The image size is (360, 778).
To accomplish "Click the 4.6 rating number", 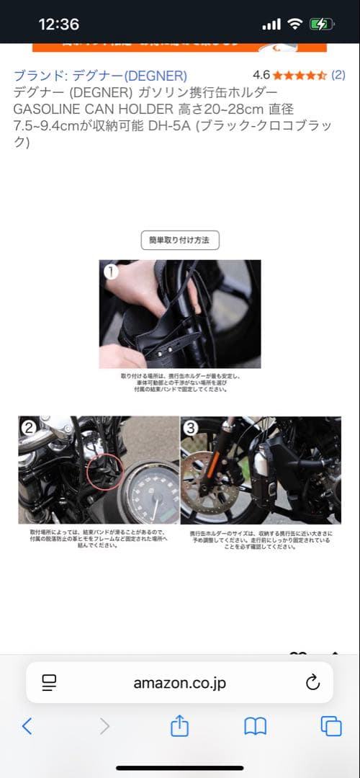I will [261, 75].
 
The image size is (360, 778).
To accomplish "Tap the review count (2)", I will [338, 75].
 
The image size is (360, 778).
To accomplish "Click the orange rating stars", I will [300, 75].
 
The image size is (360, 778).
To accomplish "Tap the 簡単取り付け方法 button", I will [179, 241].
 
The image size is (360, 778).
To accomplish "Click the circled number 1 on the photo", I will [111, 272].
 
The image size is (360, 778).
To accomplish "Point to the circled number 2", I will [29, 428].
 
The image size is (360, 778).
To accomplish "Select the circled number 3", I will [191, 428].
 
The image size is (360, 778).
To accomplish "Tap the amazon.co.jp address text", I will [179, 683].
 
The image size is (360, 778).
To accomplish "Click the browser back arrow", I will [27, 726].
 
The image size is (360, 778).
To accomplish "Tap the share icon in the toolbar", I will [179, 726].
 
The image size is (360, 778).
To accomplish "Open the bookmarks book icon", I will [255, 726].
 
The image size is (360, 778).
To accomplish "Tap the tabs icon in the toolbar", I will [330, 726].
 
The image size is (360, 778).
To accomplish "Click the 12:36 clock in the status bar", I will [58, 24].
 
